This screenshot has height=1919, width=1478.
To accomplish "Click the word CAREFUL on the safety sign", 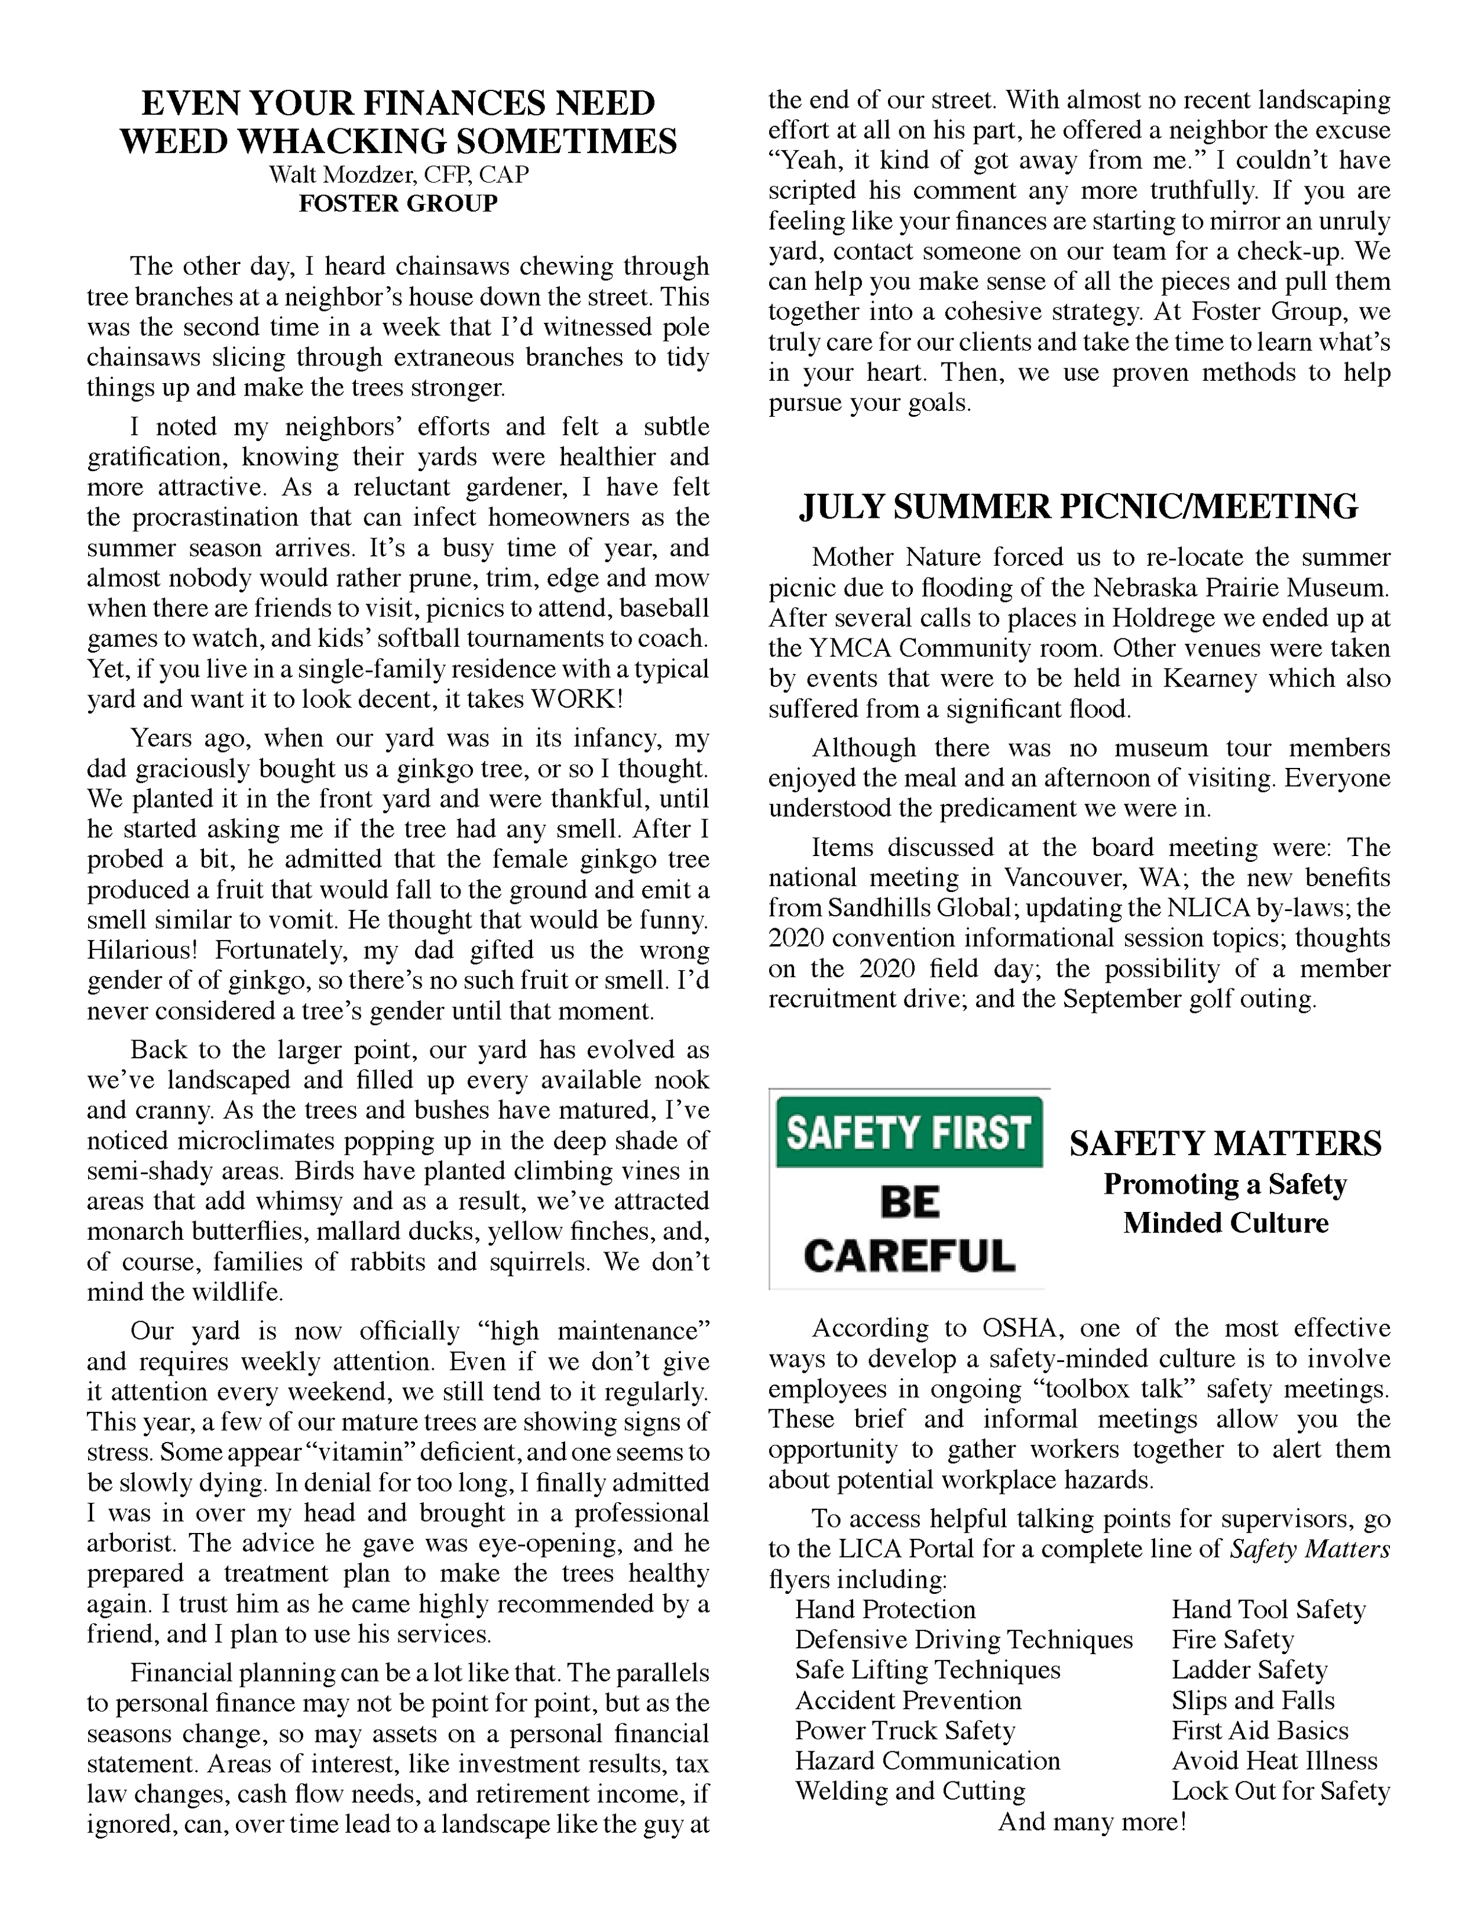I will [x=909, y=1256].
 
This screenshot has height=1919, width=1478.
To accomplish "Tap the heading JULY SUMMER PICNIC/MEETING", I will [x=1078, y=507].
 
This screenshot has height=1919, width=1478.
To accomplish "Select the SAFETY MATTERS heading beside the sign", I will [x=1225, y=1144].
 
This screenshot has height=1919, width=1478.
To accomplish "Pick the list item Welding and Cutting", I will [x=909, y=1791].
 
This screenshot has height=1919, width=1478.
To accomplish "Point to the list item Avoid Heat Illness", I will [x=1274, y=1761].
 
